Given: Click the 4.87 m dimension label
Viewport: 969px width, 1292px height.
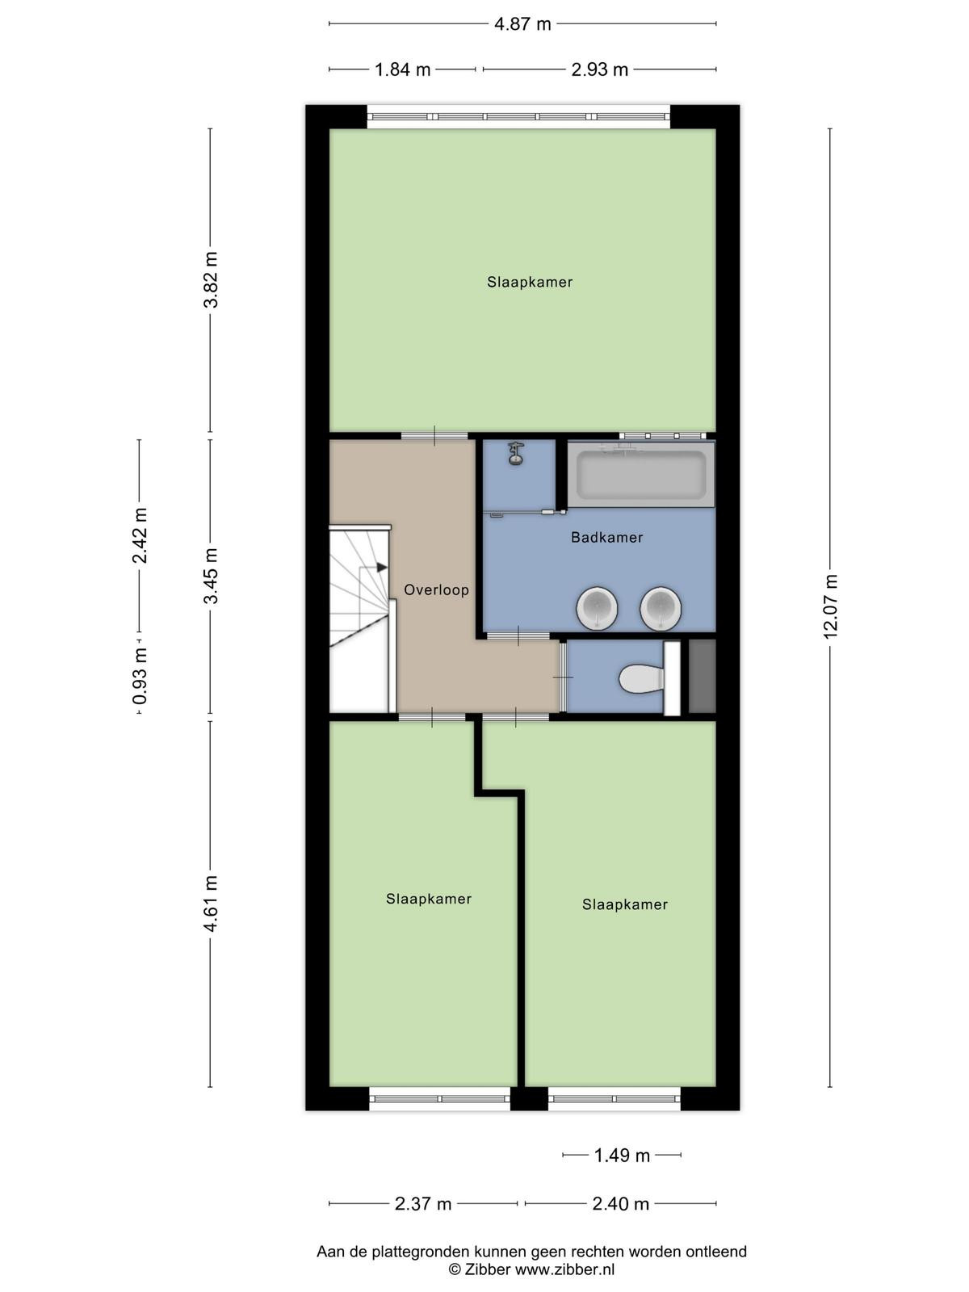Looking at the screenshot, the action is [522, 24].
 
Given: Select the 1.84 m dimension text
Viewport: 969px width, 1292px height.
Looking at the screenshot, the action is [402, 69].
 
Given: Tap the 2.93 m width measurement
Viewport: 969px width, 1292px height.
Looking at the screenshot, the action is [599, 69].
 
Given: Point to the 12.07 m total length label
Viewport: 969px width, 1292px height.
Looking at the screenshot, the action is [829, 606].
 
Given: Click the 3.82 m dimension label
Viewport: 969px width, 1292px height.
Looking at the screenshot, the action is [210, 279].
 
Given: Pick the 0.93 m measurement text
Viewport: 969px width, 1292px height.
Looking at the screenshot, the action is [140, 677].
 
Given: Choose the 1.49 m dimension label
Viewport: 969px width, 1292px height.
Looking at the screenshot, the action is [622, 1156].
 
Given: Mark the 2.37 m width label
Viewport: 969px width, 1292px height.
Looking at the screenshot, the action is [423, 1204].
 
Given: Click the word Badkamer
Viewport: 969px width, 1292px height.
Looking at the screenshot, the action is [606, 537].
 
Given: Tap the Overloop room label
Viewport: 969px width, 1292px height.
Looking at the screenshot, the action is [436, 589].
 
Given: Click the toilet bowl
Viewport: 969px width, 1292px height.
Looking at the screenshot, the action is [641, 678].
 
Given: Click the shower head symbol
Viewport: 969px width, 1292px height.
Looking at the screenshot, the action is [516, 454].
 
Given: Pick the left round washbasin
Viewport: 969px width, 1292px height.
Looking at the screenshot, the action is [598, 607].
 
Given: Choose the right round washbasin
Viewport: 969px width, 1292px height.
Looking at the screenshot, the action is [661, 607].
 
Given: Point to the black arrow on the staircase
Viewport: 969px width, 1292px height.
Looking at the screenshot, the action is [381, 568].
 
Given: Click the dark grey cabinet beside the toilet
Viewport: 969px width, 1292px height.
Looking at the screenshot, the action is [702, 677].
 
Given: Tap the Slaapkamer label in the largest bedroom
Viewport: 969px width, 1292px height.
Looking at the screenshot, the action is [530, 282].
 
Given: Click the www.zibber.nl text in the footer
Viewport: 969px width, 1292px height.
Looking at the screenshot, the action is [564, 1269].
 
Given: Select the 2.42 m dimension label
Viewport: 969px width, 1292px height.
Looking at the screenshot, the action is [140, 535].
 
